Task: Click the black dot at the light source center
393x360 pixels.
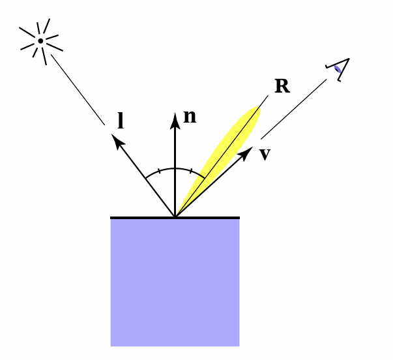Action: [40, 41]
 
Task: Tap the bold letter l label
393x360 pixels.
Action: [121, 121]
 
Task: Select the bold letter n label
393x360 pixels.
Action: [189, 117]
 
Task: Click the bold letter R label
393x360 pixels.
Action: [282, 86]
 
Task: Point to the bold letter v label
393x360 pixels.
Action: [265, 155]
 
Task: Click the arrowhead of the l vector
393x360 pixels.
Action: [117, 140]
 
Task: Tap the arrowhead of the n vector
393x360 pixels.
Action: [175, 119]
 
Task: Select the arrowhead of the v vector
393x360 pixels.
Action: [247, 151]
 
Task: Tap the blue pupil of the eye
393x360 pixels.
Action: [337, 68]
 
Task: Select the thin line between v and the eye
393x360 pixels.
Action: [293, 109]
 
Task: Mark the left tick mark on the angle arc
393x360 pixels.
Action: [159, 173]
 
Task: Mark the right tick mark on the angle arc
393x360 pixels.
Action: [190, 172]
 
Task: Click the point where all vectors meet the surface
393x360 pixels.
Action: [175, 217]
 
